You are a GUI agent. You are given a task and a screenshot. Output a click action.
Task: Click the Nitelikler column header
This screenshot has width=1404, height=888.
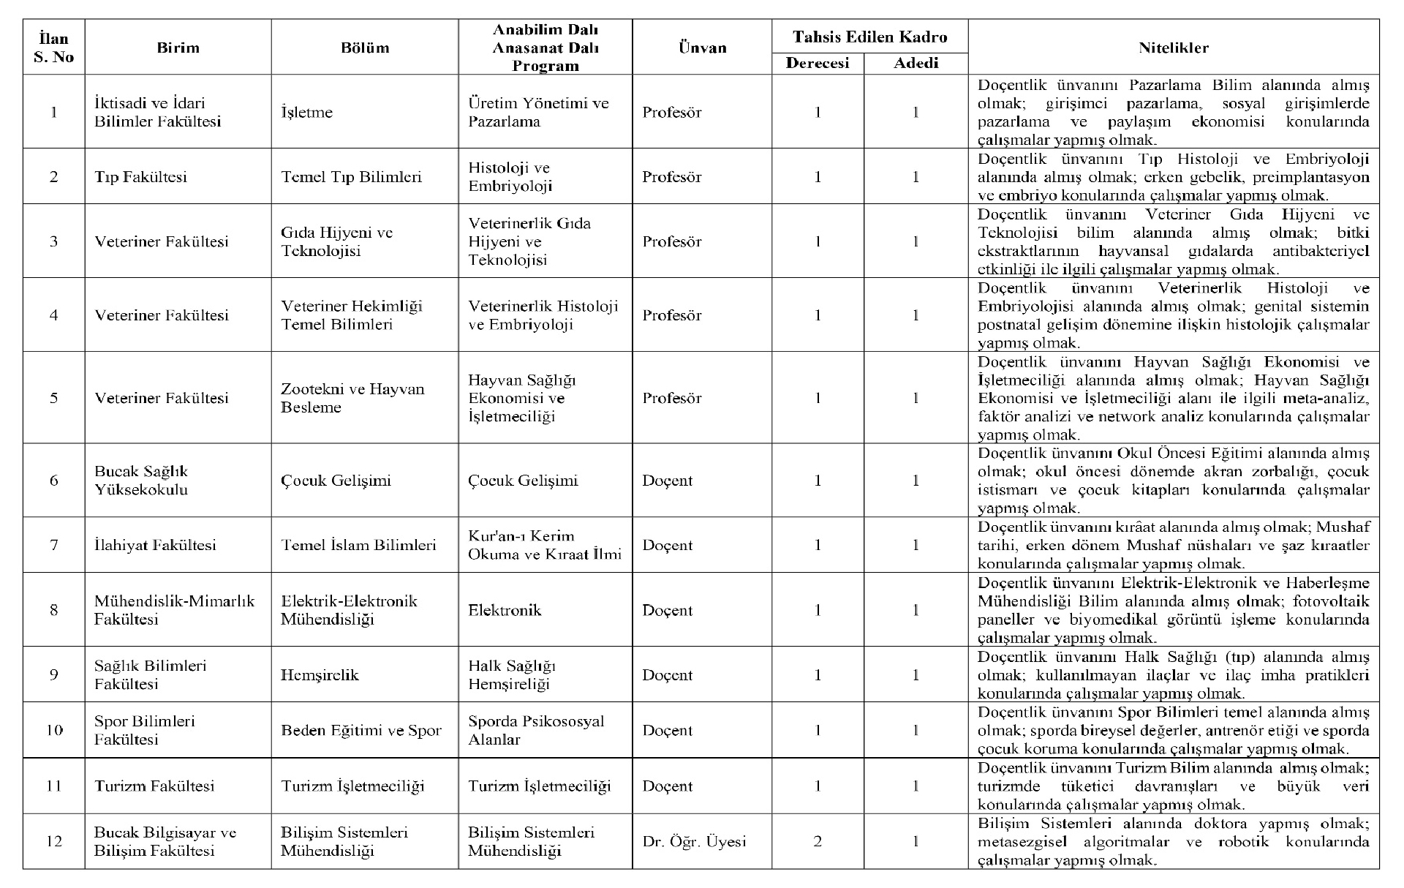tap(1173, 48)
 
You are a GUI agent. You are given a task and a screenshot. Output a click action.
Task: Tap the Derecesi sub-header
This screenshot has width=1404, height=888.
tap(817, 63)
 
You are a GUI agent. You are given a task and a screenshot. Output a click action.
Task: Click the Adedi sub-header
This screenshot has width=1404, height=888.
tap(916, 63)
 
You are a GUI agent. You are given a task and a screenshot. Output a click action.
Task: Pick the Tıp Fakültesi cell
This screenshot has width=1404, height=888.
tap(140, 177)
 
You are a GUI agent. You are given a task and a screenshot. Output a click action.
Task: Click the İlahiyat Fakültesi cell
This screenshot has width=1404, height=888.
tap(155, 545)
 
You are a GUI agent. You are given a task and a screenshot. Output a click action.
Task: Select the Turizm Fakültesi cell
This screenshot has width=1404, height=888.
tap(154, 786)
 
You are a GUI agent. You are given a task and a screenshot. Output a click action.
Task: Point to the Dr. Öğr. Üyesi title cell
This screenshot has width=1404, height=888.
tap(694, 842)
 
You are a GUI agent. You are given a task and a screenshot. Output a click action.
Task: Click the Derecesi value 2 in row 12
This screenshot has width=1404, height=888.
tap(818, 842)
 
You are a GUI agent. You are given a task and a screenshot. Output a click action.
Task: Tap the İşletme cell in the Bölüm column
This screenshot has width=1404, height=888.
tap(306, 113)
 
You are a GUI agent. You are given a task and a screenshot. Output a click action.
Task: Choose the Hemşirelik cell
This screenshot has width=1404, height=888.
tap(320, 675)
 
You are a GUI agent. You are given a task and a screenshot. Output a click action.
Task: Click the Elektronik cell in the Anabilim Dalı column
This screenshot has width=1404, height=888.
tap(505, 610)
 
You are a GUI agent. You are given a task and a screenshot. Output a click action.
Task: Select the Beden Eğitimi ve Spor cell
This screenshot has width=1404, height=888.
tap(361, 731)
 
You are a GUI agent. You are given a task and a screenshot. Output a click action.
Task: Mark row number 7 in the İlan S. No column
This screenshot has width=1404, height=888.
tap(53, 545)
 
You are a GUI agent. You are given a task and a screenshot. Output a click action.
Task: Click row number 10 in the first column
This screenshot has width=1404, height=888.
tap(53, 731)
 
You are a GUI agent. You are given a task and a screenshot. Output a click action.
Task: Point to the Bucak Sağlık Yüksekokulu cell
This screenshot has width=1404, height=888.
tap(141, 481)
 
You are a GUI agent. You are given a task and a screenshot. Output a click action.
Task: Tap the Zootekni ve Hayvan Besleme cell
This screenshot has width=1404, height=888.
tap(352, 398)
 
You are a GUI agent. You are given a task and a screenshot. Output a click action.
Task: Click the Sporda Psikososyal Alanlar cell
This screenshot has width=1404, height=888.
tap(536, 731)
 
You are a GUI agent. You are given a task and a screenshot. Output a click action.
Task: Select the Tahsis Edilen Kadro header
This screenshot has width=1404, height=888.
tap(869, 37)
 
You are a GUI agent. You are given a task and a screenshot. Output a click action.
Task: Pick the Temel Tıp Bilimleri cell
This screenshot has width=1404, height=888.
tap(351, 177)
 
